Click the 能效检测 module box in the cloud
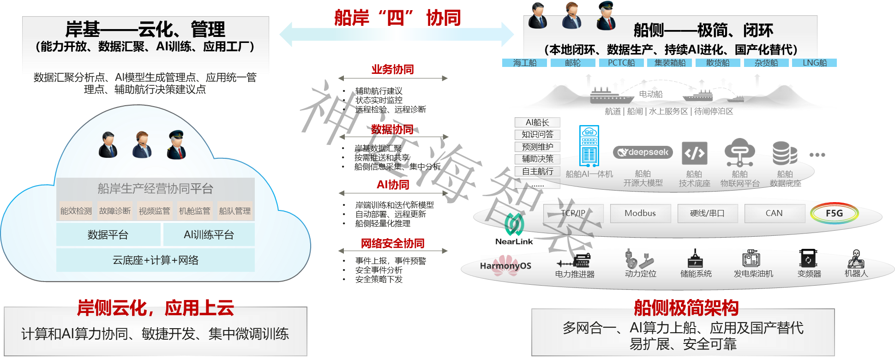tap(76, 210)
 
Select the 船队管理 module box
tap(234, 210)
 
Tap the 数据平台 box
tap(108, 234)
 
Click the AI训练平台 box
tap(209, 234)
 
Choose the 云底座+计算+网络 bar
tap(156, 260)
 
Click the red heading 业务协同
tap(392, 70)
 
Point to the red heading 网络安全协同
tap(392, 243)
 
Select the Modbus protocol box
tap(640, 213)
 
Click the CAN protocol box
tap(774, 213)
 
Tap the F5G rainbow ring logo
tap(834, 213)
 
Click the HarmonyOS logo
tap(505, 266)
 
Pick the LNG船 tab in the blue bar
tap(814, 63)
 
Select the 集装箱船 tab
tap(670, 63)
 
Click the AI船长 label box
tap(537, 122)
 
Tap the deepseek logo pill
tap(643, 152)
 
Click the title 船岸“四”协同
tap(397, 18)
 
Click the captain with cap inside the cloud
tap(176, 144)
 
